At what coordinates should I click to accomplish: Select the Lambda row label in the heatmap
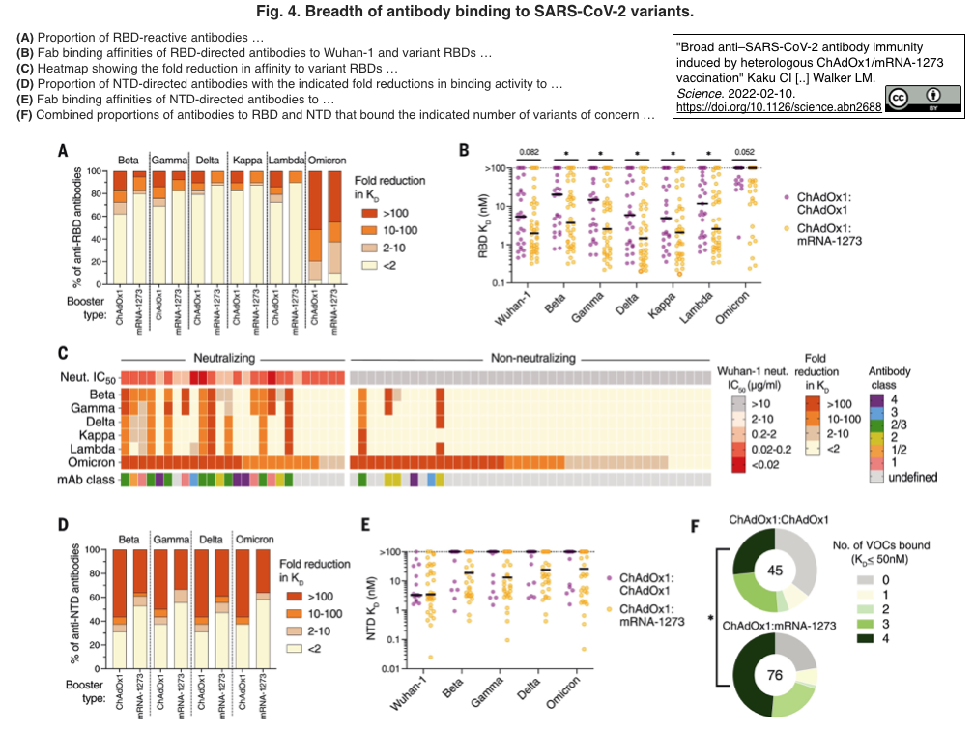[96, 449]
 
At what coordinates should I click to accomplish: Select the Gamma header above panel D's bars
[171, 538]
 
